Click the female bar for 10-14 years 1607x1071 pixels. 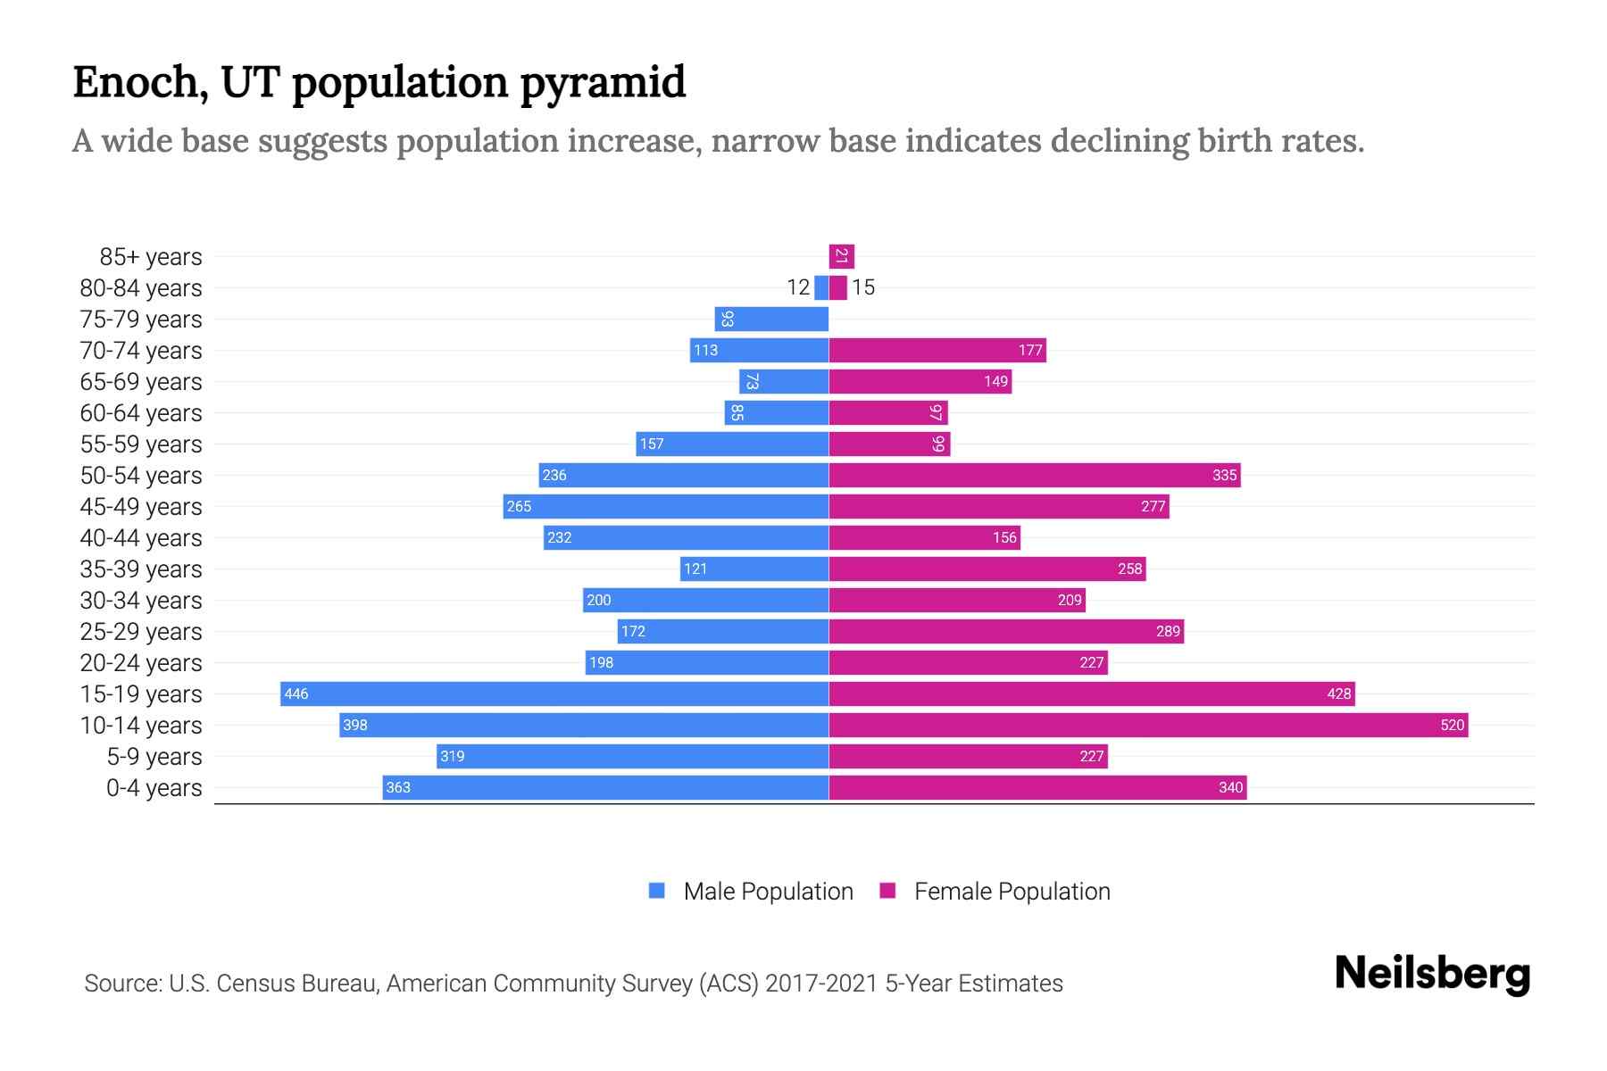click(x=1148, y=725)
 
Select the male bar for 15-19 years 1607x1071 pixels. click(x=554, y=693)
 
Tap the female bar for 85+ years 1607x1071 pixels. click(x=841, y=256)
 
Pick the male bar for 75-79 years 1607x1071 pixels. click(x=771, y=319)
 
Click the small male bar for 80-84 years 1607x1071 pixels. click(x=821, y=287)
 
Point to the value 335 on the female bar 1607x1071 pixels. click(x=1224, y=475)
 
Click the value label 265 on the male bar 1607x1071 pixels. click(x=519, y=506)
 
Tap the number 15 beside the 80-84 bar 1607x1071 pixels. click(x=862, y=287)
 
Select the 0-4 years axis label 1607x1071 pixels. click(x=154, y=788)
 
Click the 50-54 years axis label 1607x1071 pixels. click(x=141, y=476)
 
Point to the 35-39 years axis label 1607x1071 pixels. click(x=141, y=569)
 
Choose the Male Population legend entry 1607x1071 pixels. click(x=767, y=891)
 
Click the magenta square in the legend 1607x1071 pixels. click(x=887, y=891)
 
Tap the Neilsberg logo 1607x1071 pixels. click(x=1432, y=973)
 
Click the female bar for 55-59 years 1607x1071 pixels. click(x=889, y=444)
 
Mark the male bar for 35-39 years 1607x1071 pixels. click(x=754, y=569)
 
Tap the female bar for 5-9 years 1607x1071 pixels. click(x=968, y=756)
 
